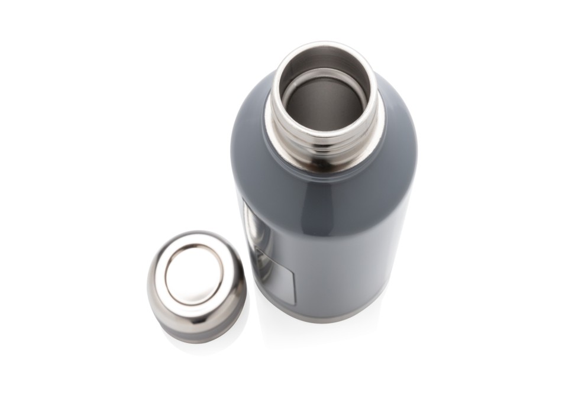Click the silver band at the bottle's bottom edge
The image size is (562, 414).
(331, 316)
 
